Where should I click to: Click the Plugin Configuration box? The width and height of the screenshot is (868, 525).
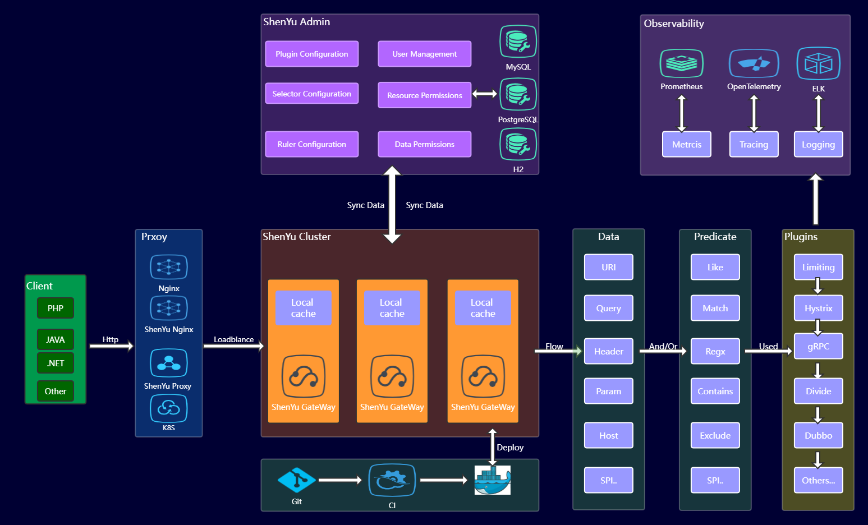pos(311,54)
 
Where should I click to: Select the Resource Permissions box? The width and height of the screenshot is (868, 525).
pos(424,95)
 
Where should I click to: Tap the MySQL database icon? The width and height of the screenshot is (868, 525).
pos(518,42)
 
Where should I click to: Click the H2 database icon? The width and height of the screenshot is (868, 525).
pos(518,144)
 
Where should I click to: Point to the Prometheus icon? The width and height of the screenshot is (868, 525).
pos(681,63)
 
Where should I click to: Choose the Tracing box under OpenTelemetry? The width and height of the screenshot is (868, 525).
pos(754,144)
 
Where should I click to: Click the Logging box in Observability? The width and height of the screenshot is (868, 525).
pos(818,144)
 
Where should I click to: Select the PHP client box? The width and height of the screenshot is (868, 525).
pos(56,308)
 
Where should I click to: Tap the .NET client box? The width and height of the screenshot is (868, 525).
pos(56,363)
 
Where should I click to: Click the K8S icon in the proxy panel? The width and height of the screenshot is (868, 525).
pos(168,408)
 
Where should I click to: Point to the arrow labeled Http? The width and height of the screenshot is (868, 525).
pos(111,346)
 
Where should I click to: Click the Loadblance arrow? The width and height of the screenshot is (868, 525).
pos(233,346)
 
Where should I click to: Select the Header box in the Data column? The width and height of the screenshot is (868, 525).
pos(608,351)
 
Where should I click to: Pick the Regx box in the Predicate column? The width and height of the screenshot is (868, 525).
pos(715,351)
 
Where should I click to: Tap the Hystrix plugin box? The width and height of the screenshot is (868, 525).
pos(818,308)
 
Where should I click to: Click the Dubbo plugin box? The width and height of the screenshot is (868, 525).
pos(818,435)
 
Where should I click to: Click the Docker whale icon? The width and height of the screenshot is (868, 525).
pos(492,480)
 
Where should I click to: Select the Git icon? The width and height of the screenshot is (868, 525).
pos(296,480)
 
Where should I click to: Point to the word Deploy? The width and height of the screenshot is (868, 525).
pos(510,448)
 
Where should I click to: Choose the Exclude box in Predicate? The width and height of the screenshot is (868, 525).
pos(715,435)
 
